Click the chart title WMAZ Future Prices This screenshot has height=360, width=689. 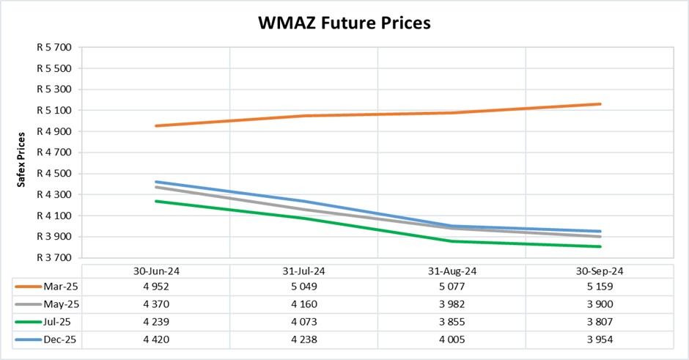tap(344, 23)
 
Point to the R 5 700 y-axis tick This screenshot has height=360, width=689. tap(53, 48)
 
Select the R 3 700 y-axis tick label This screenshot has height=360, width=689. tap(53, 258)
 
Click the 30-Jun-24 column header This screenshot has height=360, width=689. tap(156, 271)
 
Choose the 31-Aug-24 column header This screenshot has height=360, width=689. tap(451, 271)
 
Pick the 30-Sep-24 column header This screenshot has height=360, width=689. tap(598, 271)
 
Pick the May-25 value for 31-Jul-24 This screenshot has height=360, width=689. tap(303, 303)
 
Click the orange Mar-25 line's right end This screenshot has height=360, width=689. tap(600, 104)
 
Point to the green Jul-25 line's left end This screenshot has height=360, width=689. tap(156, 201)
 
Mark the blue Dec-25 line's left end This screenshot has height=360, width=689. tap(156, 182)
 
